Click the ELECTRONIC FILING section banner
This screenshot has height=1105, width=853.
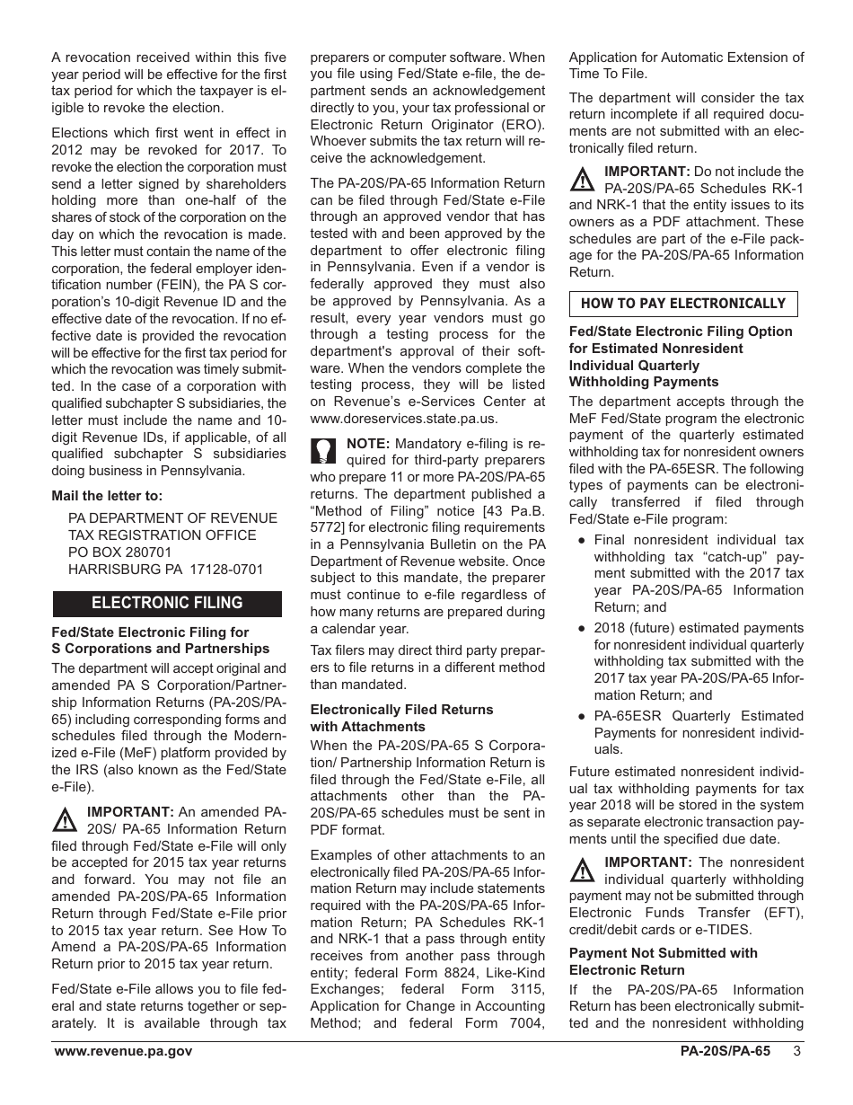(x=167, y=604)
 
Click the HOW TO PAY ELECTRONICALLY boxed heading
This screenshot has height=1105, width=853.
(x=682, y=305)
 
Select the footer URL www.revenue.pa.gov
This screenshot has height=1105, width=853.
(x=123, y=1052)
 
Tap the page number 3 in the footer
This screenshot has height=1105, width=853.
(x=796, y=1052)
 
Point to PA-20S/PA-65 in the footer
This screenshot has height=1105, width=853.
(x=725, y=1052)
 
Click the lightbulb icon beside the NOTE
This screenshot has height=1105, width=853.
(x=323, y=450)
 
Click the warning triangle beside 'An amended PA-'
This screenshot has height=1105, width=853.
(x=64, y=819)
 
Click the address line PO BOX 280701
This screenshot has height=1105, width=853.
(x=120, y=552)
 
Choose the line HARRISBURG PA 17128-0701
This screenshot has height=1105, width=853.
(x=166, y=570)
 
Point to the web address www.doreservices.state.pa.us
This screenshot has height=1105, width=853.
(x=403, y=419)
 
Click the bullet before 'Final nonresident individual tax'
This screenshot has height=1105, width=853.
(x=582, y=540)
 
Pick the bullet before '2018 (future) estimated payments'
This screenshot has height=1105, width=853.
(x=582, y=629)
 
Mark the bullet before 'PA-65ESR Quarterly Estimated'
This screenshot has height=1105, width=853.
(x=582, y=716)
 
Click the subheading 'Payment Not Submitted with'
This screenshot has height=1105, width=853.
(x=663, y=953)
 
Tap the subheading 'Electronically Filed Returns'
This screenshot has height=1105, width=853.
(x=401, y=710)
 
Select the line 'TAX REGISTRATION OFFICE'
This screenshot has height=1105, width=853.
(x=162, y=535)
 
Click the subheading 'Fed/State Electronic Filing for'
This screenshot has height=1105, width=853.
(x=150, y=632)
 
